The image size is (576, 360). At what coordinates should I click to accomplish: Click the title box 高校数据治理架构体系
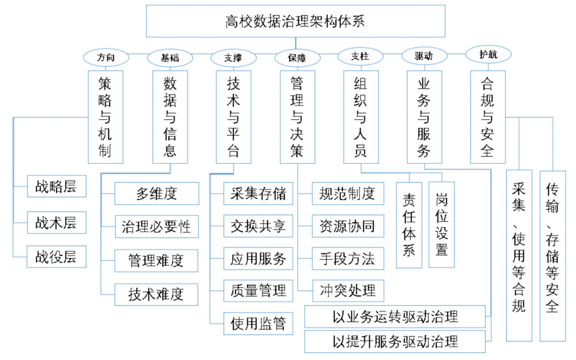(295, 21)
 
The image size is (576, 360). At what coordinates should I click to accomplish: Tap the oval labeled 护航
(488, 54)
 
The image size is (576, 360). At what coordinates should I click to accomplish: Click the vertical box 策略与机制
(105, 117)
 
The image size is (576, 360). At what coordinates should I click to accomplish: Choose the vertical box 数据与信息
(170, 117)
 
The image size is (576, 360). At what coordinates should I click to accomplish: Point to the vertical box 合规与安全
(487, 117)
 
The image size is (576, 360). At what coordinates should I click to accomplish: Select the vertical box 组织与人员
(361, 117)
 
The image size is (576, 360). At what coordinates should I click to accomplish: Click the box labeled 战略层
(56, 186)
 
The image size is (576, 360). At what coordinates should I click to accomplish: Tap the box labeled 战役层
(56, 257)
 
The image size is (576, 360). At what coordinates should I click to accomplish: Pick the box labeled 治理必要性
(156, 227)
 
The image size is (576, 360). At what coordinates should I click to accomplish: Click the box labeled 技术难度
(156, 294)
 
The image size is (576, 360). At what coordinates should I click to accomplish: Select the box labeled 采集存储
(258, 194)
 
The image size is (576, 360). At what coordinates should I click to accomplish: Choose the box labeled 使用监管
(258, 323)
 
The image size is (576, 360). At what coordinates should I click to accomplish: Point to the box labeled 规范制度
(347, 193)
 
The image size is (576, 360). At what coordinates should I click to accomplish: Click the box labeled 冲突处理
(347, 291)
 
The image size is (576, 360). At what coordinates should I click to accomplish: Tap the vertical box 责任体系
(409, 224)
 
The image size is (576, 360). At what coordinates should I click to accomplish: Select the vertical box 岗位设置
(441, 224)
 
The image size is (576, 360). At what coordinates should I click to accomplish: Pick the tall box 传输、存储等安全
(553, 255)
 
